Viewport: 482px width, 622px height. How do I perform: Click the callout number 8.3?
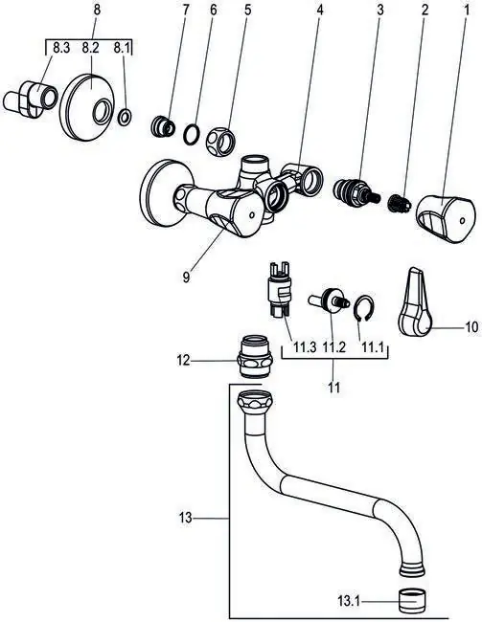[x=61, y=49]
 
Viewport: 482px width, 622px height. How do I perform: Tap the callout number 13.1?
[x=349, y=602]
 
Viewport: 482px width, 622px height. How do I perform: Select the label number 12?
[x=184, y=361]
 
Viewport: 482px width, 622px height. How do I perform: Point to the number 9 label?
[x=186, y=277]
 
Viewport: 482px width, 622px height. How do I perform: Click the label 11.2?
[x=333, y=348]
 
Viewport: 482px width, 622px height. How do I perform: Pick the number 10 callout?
[x=471, y=327]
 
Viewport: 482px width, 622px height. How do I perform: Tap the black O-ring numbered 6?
[x=193, y=135]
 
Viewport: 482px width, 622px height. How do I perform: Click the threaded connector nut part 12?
[x=255, y=357]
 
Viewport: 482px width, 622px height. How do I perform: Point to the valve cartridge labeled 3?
[x=356, y=192]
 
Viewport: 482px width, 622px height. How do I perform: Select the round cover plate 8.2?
[x=86, y=107]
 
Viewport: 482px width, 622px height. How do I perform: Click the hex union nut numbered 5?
[x=221, y=142]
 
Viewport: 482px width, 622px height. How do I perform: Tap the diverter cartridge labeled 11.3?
[x=280, y=289]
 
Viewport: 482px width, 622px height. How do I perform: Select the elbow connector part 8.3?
[x=30, y=100]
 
